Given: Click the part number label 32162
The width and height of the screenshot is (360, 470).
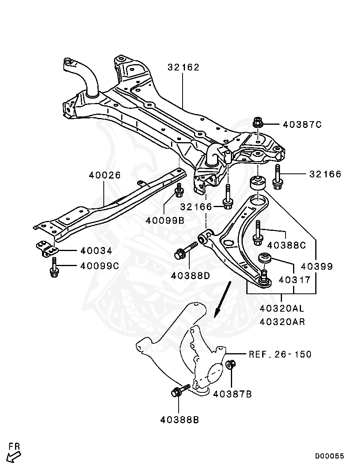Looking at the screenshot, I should tap(183, 67).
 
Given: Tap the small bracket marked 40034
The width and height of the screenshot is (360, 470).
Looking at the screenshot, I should tap(47, 249).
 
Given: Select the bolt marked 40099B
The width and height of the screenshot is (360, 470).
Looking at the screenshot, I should tap(179, 191).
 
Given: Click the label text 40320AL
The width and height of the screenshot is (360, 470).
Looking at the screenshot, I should tap(282, 308).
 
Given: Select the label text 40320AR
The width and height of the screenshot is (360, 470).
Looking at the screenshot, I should tap(282, 322).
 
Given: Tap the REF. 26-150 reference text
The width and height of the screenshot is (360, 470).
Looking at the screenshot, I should tap(280, 354).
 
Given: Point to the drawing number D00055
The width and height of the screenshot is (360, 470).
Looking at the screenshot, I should tap(330, 456).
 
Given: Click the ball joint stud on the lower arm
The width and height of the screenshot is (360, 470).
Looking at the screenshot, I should tap(264, 274).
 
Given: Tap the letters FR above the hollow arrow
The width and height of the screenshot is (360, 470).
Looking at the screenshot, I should tap(14, 446).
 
